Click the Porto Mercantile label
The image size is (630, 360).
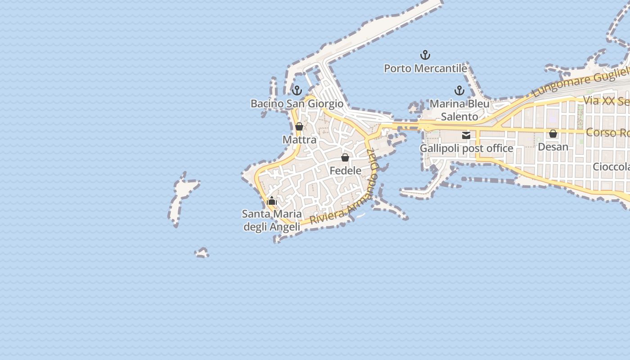click(x=425, y=68)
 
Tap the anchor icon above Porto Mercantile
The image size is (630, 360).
click(x=425, y=55)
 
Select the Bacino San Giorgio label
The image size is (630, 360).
click(x=297, y=103)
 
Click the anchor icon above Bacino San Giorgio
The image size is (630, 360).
click(x=297, y=90)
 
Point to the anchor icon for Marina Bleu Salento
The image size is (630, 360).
click(x=459, y=90)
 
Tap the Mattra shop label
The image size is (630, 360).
click(x=299, y=139)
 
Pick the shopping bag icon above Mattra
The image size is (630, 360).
click(x=299, y=126)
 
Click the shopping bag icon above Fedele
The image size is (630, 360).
click(x=345, y=157)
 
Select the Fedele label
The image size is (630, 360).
click(x=345, y=171)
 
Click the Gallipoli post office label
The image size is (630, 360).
click(x=466, y=148)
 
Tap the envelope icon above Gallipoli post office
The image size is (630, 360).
click(x=466, y=135)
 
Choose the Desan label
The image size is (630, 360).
click(x=553, y=147)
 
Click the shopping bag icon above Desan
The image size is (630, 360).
click(x=553, y=134)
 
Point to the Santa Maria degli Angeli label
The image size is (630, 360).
click(x=272, y=220)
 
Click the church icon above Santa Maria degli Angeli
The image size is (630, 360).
click(x=272, y=201)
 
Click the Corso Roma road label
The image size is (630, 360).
click(x=607, y=133)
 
